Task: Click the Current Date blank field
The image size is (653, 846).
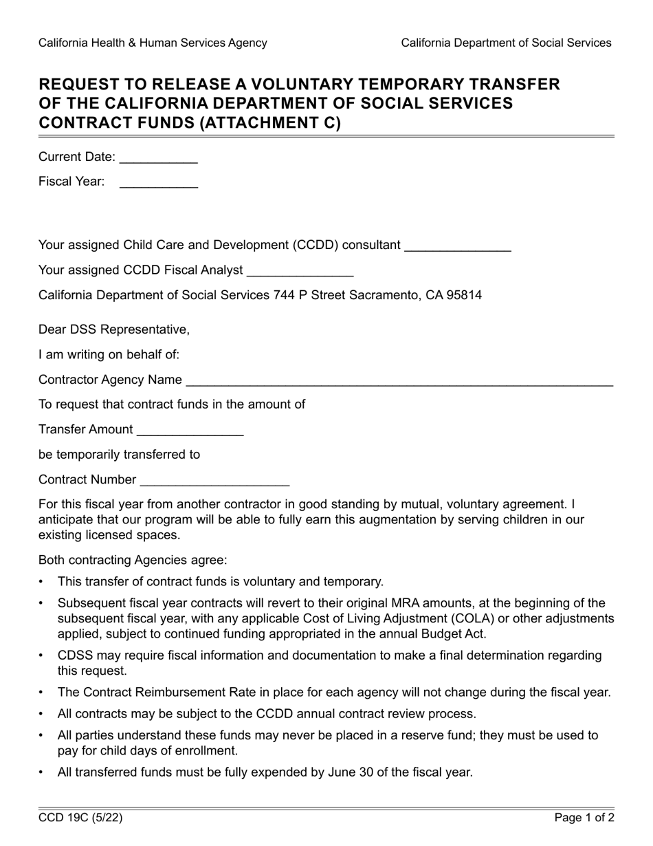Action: (158, 158)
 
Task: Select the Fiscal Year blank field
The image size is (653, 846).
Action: (158, 183)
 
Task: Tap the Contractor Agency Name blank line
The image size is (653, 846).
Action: (399, 381)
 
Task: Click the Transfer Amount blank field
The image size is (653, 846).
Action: (190, 431)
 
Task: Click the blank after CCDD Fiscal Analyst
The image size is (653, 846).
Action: (300, 271)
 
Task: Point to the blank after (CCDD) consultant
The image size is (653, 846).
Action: (458, 246)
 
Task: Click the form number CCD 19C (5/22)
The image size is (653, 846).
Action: (80, 818)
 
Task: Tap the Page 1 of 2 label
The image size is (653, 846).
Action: (584, 818)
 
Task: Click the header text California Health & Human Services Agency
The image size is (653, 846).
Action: (153, 43)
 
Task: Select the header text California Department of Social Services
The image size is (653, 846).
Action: (506, 43)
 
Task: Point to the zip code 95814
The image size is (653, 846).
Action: (464, 295)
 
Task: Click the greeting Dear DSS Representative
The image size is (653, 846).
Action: (114, 329)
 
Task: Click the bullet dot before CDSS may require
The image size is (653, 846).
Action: (41, 655)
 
